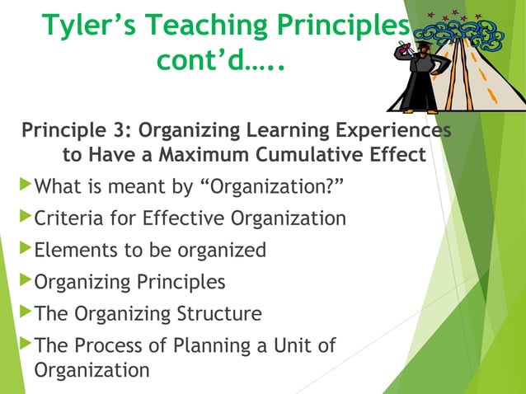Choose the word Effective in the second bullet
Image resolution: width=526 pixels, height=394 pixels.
(x=186, y=218)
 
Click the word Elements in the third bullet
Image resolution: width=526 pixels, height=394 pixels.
(x=74, y=251)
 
